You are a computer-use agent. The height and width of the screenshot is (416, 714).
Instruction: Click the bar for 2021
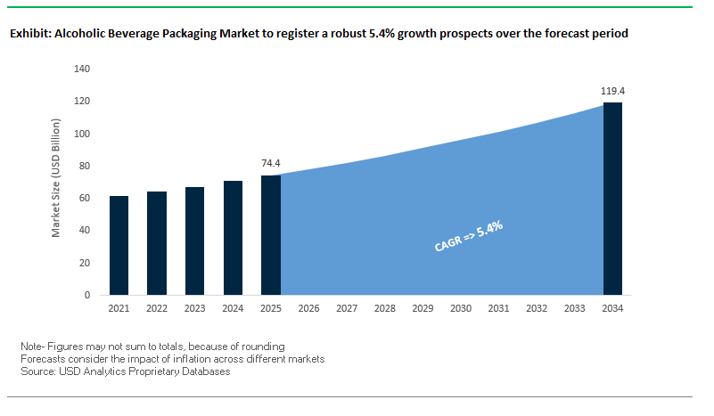click(x=119, y=246)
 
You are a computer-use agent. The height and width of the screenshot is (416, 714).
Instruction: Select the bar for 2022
click(x=157, y=243)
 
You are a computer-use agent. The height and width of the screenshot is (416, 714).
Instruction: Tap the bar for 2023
click(x=195, y=241)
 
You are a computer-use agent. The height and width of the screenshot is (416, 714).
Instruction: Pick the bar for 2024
click(x=233, y=238)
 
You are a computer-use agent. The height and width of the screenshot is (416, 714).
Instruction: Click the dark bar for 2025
click(x=271, y=235)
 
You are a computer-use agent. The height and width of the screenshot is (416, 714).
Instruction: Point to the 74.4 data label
click(x=271, y=164)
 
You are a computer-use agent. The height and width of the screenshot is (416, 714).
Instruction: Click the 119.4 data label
click(x=612, y=91)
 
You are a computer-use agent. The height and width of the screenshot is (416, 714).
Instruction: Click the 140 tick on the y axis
click(x=82, y=69)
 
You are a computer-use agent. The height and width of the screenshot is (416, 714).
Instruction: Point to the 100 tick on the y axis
click(x=82, y=134)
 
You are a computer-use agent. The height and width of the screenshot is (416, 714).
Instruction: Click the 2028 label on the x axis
click(x=385, y=309)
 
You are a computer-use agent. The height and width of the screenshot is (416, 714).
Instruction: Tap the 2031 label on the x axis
click(x=498, y=309)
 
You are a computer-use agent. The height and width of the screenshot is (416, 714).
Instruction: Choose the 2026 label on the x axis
click(x=309, y=309)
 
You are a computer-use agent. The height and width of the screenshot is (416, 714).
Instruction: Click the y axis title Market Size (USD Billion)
click(x=56, y=182)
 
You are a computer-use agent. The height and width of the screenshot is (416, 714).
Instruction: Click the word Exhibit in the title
click(x=30, y=34)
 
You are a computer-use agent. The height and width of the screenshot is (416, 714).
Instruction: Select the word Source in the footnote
click(x=37, y=371)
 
